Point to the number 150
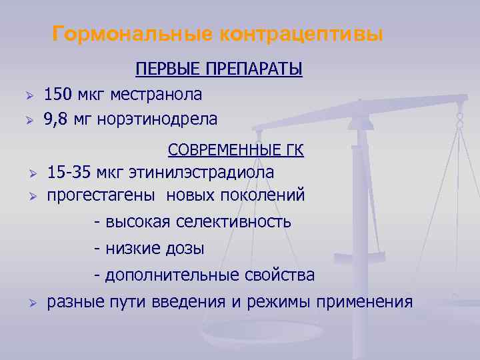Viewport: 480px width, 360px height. tap(58, 95)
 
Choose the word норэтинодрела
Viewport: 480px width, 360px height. tap(157, 119)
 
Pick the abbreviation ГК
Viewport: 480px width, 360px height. tap(293, 150)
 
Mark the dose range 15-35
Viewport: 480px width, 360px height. tap(69, 173)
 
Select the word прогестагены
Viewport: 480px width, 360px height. tap(103, 196)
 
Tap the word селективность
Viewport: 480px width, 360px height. tap(234, 221)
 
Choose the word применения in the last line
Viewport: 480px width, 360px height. tap(365, 302)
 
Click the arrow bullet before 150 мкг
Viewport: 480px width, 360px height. tap(28, 96)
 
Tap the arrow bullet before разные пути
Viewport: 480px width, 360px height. tap(31, 304)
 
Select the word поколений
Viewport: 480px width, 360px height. tap(267, 196)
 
